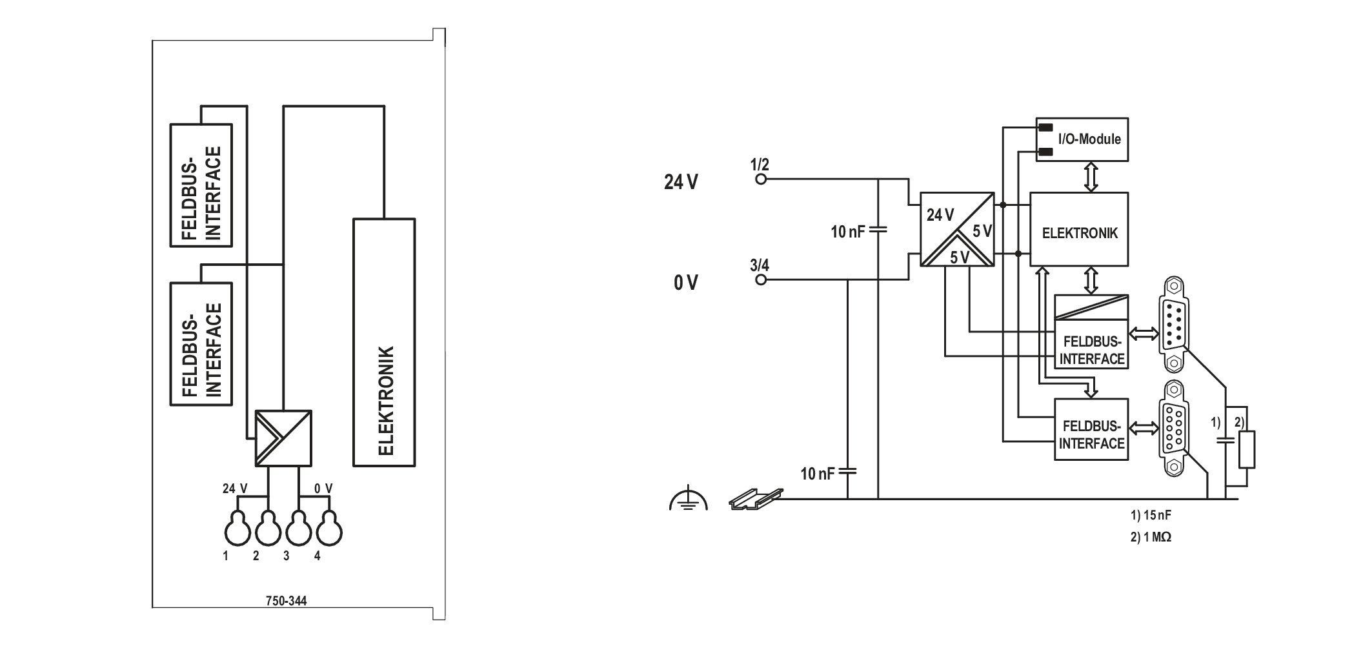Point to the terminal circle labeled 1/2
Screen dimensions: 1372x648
pyautogui.click(x=761, y=179)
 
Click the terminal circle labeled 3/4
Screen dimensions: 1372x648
pyautogui.click(x=761, y=280)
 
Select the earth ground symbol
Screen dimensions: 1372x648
pyautogui.click(x=689, y=500)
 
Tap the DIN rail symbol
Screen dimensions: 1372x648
pyautogui.click(x=756, y=498)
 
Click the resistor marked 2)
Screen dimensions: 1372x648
pyautogui.click(x=1247, y=450)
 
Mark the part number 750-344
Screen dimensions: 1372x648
pyautogui.click(x=287, y=601)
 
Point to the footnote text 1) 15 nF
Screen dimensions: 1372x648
pyautogui.click(x=1150, y=516)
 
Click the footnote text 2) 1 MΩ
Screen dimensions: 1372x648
pyautogui.click(x=1151, y=537)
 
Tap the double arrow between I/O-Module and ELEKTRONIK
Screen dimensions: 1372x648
pyautogui.click(x=1091, y=176)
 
